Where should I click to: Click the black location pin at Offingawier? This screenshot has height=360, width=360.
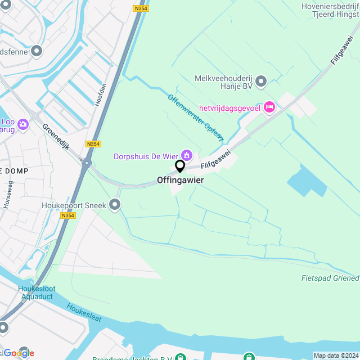click(x=180, y=166)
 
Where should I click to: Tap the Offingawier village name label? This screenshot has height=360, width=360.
click(x=180, y=181)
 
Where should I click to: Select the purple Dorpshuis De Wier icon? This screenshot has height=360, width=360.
click(x=186, y=155)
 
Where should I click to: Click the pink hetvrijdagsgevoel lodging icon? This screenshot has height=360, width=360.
click(x=269, y=106)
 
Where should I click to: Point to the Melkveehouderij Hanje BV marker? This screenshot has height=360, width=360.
click(x=260, y=82)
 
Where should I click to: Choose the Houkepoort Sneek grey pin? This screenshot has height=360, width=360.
click(x=115, y=205)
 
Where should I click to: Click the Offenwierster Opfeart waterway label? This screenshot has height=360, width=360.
click(x=195, y=117)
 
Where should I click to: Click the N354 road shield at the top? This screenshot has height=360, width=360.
click(x=141, y=8)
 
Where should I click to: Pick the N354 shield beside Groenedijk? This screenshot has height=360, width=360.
click(x=93, y=144)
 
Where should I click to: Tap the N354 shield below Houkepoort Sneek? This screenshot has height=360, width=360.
click(x=67, y=215)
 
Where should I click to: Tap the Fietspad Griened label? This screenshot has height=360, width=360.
click(x=330, y=278)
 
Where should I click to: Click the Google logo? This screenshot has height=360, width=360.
click(x=19, y=353)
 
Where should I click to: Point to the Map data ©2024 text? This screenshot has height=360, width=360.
click(x=336, y=355)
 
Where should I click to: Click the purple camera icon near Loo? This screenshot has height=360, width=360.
click(x=23, y=123)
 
